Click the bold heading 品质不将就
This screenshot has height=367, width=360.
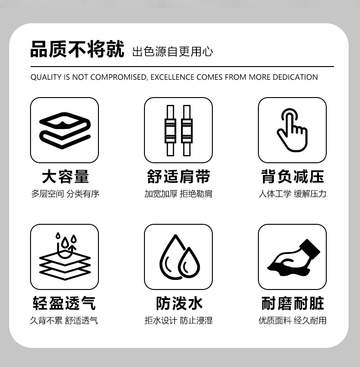77,50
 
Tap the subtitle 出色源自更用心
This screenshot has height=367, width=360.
172,52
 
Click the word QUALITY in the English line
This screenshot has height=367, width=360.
44,77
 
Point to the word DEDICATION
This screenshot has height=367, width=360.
295,77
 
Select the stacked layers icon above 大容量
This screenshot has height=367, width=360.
65,130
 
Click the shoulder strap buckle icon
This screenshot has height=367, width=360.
178,130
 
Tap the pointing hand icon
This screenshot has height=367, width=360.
292,130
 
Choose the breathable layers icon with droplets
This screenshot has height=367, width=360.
65,257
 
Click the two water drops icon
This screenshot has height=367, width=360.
178,257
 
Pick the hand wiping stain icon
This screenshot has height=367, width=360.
292,257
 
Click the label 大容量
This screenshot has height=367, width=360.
65,176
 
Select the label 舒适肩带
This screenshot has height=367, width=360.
178,176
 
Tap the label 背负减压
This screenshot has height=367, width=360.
292,176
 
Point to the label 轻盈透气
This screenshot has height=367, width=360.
65,303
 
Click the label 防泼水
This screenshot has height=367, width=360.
178,303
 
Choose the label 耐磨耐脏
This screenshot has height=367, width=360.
292,303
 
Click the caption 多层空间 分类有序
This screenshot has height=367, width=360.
65,194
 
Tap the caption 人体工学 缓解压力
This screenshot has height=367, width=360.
292,194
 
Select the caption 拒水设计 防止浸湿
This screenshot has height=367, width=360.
178,320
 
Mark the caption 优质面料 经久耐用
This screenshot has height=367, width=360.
292,320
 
